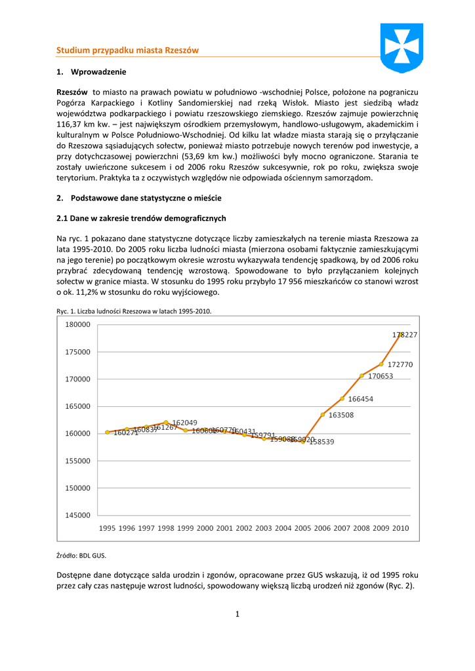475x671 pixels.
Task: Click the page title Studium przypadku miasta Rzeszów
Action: pos(127,50)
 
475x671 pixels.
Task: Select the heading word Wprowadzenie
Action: pos(98,71)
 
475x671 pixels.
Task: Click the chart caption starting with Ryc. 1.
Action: pos(134,311)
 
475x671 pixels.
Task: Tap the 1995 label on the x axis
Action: pos(108,528)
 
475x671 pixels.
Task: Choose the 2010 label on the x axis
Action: pos(400,528)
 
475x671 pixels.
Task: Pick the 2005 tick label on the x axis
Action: pos(302,528)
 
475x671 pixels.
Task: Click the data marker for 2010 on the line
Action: pos(400,334)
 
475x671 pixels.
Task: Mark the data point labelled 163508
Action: pos(323,415)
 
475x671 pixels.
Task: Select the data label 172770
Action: pos(400,364)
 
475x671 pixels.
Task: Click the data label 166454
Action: pos(361,399)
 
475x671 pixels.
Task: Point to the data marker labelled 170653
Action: pos(361,375)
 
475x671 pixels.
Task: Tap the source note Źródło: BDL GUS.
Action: pos(81,556)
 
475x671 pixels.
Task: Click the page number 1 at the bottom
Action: pos(237,614)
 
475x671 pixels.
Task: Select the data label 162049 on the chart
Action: pos(185,423)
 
